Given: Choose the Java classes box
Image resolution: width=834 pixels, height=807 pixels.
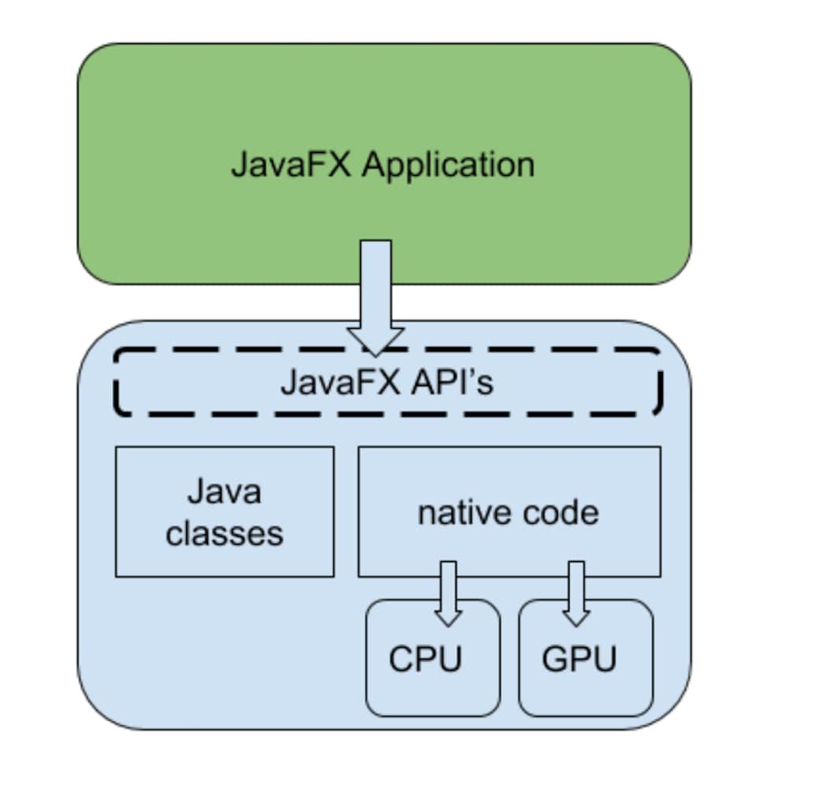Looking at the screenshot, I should tap(225, 552).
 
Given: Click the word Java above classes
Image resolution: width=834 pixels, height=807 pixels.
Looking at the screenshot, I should tap(224, 492).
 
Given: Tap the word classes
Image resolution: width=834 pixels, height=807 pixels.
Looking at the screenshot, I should tap(224, 534).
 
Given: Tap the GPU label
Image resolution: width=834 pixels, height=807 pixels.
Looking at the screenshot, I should tap(579, 659).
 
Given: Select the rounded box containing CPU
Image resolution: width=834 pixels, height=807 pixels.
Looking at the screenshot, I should tap(433, 694).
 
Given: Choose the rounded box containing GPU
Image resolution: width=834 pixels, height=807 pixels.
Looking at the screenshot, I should tap(586, 694).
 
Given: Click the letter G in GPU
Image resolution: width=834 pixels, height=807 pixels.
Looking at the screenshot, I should tap(554, 659).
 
